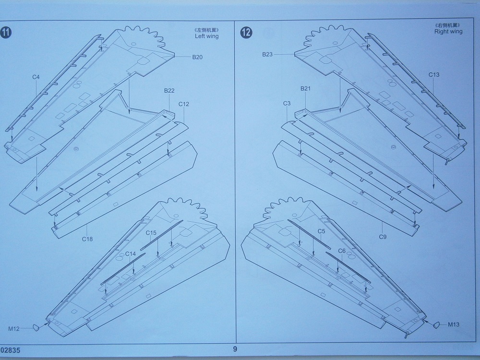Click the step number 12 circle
(246, 32)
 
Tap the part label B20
(197, 58)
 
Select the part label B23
(267, 54)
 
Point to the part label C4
(36, 77)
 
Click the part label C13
(434, 75)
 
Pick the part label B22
(169, 91)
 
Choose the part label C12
(184, 104)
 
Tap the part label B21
(306, 89)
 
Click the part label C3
(287, 103)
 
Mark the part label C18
(87, 239)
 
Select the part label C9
(383, 237)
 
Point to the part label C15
(151, 233)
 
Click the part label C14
(131, 253)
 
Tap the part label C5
(321, 231)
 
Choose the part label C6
(342, 251)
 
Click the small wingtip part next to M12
(36, 328)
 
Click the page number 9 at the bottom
(235, 349)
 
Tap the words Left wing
(206, 36)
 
